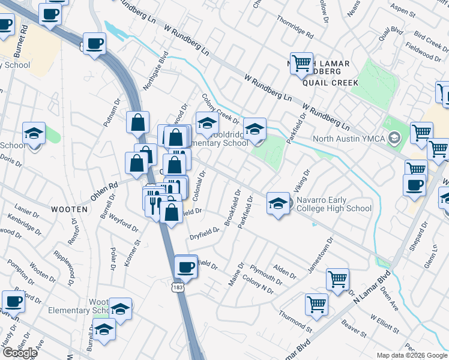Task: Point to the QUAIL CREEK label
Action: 325,83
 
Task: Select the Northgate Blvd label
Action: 155,70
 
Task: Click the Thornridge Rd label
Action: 295,27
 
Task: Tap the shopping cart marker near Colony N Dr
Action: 316,304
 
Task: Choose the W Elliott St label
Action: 384,325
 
